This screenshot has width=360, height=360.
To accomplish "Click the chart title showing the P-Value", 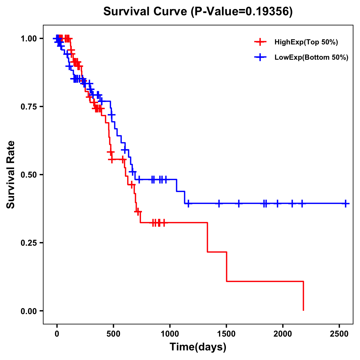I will point(198,11).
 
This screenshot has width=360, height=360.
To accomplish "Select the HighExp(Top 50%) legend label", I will point(306,42).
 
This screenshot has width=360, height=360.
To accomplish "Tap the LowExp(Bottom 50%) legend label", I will point(311,58).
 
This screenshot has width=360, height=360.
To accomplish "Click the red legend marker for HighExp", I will point(260,42).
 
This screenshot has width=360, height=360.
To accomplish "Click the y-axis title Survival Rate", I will point(11,175).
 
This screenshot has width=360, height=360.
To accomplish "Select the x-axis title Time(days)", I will point(198,347).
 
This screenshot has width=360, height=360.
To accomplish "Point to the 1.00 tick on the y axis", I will point(29,39).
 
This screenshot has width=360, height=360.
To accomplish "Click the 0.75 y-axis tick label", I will point(29,107).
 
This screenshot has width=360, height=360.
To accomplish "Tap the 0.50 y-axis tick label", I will point(29,175).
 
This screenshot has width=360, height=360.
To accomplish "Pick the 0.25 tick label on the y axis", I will point(29,243).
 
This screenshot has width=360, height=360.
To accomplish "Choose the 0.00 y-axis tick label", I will point(29,311).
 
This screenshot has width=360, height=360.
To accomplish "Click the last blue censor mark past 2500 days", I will point(346,203).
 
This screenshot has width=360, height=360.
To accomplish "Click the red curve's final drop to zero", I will point(303,296).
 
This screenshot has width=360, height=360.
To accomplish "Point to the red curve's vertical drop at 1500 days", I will point(226,266).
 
